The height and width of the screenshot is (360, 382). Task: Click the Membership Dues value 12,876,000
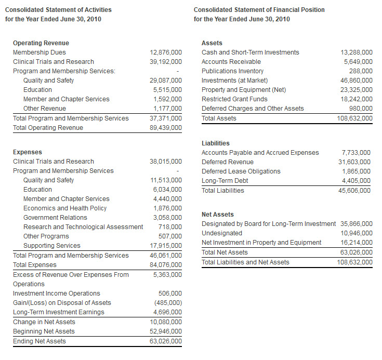[x=166, y=52]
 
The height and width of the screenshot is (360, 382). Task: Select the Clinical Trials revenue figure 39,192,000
[x=166, y=62]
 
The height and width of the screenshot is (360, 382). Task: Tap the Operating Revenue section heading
[x=41, y=43]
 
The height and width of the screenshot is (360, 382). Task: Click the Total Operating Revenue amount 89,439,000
[x=166, y=128]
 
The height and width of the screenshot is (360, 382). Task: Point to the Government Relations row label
[x=55, y=218]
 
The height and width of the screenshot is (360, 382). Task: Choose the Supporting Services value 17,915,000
[x=166, y=246]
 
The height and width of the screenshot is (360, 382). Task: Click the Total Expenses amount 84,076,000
[x=166, y=265]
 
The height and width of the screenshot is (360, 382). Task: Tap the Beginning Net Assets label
[x=44, y=331]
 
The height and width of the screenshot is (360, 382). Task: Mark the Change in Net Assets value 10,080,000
[x=166, y=322]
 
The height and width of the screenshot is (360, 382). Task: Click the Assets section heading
[x=212, y=43]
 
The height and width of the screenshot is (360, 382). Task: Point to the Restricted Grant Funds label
[x=234, y=99]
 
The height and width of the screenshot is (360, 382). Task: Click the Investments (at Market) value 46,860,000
[x=357, y=81]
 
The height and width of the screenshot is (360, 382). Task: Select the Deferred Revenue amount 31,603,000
[x=354, y=162]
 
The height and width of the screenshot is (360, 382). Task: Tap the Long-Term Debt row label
[x=225, y=181]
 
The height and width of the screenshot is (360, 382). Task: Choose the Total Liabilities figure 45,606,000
[x=354, y=190]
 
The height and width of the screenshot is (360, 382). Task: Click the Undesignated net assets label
[x=221, y=233]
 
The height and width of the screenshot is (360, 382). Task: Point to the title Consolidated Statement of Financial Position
[x=259, y=10]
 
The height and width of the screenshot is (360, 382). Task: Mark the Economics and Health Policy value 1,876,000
[x=167, y=208]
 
